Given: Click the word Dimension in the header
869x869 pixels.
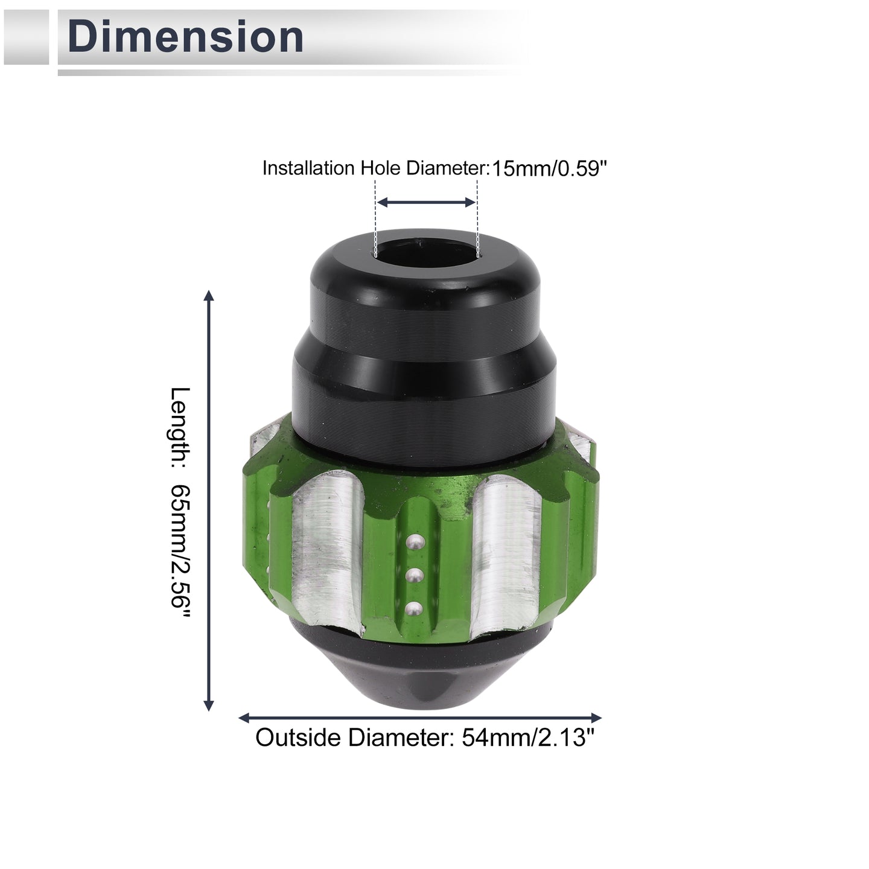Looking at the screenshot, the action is tap(185, 37).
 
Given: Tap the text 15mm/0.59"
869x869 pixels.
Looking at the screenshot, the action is tap(549, 169).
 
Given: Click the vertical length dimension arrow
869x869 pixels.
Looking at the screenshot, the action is tap(208, 500).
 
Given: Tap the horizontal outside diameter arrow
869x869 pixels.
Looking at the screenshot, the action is tap(419, 718).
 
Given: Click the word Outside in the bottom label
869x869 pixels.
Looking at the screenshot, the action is tap(298, 738).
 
